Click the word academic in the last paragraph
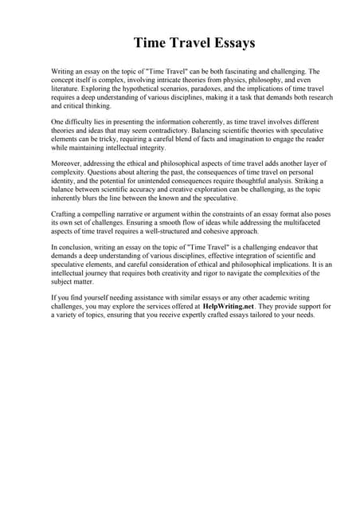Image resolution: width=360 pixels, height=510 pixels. pyautogui.click(x=260, y=298)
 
